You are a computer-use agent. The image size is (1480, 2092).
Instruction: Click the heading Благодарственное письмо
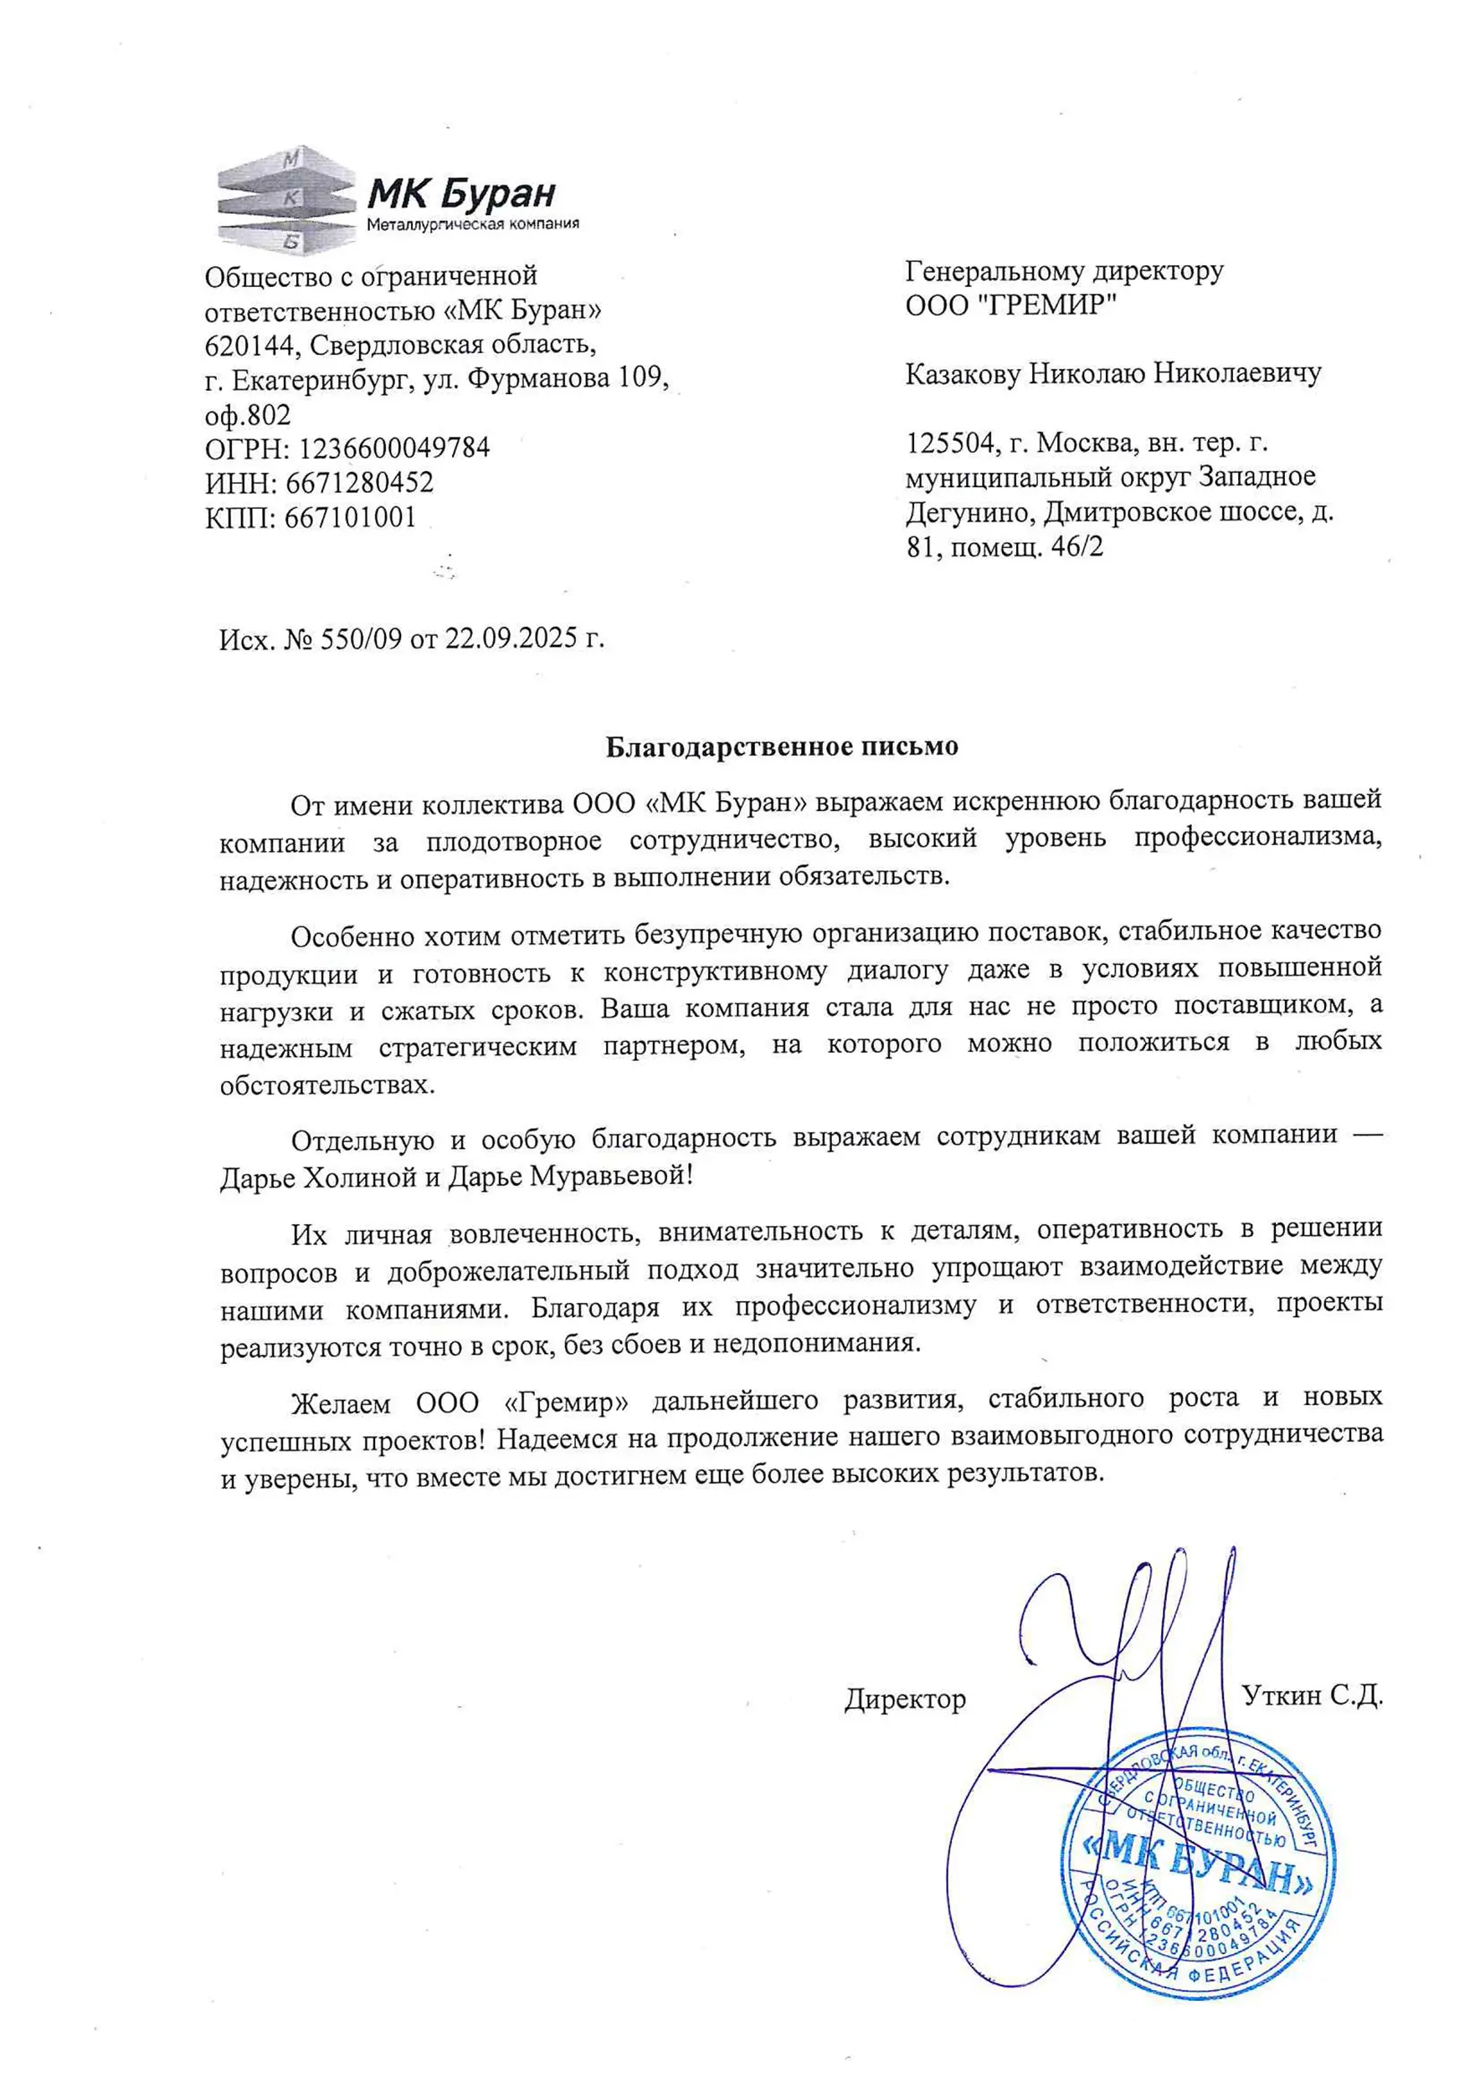pyautogui.click(x=782, y=747)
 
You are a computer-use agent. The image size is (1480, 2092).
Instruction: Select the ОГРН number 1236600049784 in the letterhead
pyautogui.click(x=393, y=449)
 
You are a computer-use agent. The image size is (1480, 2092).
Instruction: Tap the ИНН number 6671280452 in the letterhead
pyautogui.click(x=359, y=483)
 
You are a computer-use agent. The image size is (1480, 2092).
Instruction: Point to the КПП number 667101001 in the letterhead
pyautogui.click(x=350, y=517)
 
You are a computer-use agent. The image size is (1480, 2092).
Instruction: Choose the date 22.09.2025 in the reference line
pyautogui.click(x=511, y=638)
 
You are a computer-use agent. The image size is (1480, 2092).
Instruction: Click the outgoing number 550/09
pyautogui.click(x=360, y=638)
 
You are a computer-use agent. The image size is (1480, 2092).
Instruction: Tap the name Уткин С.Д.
pyautogui.click(x=1313, y=1695)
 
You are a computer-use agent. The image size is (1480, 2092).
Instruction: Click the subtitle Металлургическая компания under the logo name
pyautogui.click(x=472, y=224)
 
